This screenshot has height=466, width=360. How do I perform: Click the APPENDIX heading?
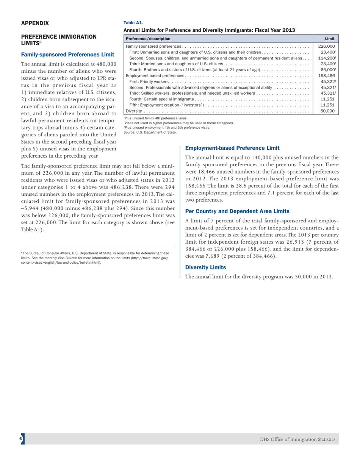(x=35, y=23)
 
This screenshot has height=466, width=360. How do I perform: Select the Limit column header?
(x=330, y=39)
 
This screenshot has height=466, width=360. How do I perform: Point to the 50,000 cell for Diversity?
(x=327, y=111)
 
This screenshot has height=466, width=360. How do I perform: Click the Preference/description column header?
(x=148, y=39)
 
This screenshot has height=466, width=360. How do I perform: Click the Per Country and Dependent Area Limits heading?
(x=237, y=211)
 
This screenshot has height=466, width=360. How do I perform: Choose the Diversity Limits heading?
(x=205, y=267)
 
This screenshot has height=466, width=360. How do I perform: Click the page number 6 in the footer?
(x=21, y=439)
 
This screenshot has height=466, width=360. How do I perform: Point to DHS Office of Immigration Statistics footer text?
(x=297, y=439)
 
